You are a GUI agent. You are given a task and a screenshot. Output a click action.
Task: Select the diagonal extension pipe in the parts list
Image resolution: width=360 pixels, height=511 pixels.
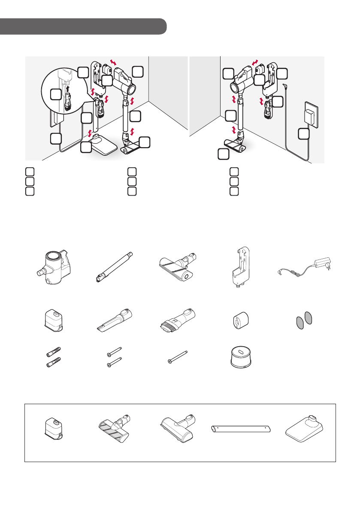pyautogui.click(x=113, y=267)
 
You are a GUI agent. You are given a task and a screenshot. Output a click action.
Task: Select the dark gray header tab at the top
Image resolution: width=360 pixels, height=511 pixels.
pyautogui.click(x=83, y=26)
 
